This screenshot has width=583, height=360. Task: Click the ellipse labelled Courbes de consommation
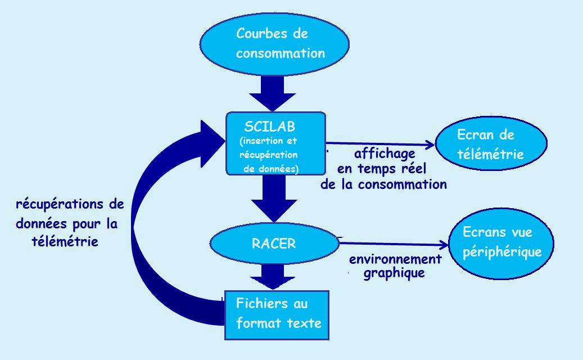pyautogui.click(x=274, y=44)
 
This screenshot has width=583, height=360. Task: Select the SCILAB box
pyautogui.click(x=275, y=143)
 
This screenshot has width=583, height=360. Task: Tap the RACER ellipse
pyautogui.click(x=274, y=243)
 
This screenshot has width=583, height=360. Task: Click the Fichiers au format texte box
pyautogui.click(x=277, y=315)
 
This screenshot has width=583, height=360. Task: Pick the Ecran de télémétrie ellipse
pyautogui.click(x=491, y=143)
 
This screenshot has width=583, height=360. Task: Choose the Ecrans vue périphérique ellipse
pyautogui.click(x=501, y=244)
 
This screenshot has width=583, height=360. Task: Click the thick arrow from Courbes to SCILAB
pyautogui.click(x=273, y=93)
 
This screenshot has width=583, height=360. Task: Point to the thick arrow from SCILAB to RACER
pyautogui.click(x=274, y=199)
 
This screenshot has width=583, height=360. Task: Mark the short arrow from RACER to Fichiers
pyautogui.click(x=273, y=277)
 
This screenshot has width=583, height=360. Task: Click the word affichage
pyautogui.click(x=385, y=154)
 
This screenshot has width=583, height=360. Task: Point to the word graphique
pyautogui.click(x=394, y=273)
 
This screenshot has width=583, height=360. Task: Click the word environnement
pyautogui.click(x=395, y=259)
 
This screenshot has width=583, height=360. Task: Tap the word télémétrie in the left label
pyautogui.click(x=65, y=241)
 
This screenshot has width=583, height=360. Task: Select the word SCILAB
pyautogui.click(x=269, y=127)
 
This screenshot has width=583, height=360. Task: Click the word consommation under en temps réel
pyautogui.click(x=403, y=184)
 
